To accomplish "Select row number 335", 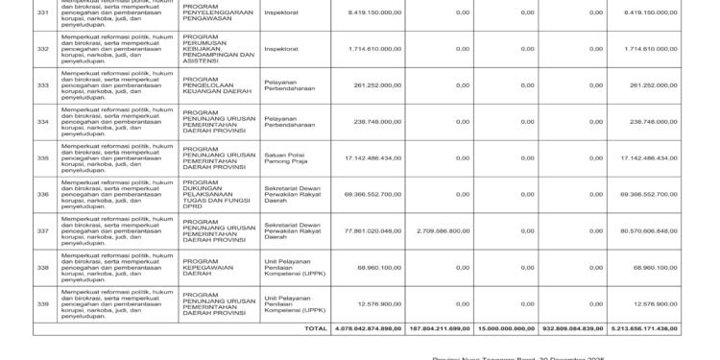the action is pyautogui.click(x=41, y=158).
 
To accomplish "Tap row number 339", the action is pyautogui.click(x=41, y=304).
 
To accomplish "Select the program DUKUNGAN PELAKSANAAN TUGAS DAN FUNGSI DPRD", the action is pyautogui.click(x=219, y=195).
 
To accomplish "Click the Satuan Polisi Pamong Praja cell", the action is pyautogui.click(x=285, y=158).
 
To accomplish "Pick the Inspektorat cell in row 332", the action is pyautogui.click(x=279, y=48).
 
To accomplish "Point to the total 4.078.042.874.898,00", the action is pyautogui.click(x=366, y=328).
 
